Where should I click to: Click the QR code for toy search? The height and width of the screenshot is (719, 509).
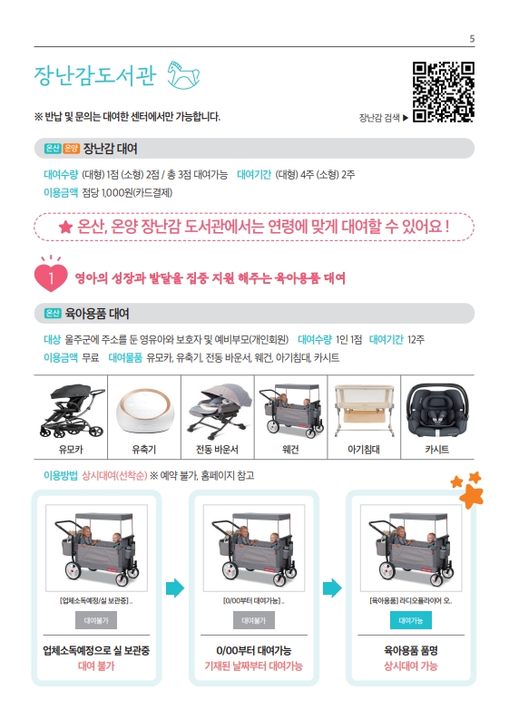pos(443,92)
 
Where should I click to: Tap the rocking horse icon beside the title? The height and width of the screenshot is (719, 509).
pos(183,74)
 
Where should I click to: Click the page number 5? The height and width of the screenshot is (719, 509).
pos(472,39)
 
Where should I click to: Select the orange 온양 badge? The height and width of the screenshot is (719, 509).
pos(71,148)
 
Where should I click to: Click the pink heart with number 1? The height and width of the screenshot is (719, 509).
pos(51,277)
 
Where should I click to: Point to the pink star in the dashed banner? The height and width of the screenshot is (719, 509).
pos(65,227)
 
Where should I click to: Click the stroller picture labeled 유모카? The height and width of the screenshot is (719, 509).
pos(72,411)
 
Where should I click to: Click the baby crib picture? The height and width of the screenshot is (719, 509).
pos(364,411)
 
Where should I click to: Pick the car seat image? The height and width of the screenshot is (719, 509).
pos(437,410)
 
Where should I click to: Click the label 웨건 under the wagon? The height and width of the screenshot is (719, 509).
pos(290,450)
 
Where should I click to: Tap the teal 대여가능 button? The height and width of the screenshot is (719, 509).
pos(411,620)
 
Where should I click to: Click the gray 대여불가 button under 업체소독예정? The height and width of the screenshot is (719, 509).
pos(96,620)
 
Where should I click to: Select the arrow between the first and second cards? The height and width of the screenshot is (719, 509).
pos(175,588)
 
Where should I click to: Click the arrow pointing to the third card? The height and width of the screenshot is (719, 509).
pos(332,588)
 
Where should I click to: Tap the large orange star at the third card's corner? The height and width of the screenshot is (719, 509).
pos(472,496)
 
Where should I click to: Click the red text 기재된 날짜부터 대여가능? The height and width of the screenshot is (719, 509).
pos(253,666)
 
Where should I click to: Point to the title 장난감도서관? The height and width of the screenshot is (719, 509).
pos(95,75)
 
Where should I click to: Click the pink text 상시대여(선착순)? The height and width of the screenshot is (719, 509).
pos(114,475)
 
